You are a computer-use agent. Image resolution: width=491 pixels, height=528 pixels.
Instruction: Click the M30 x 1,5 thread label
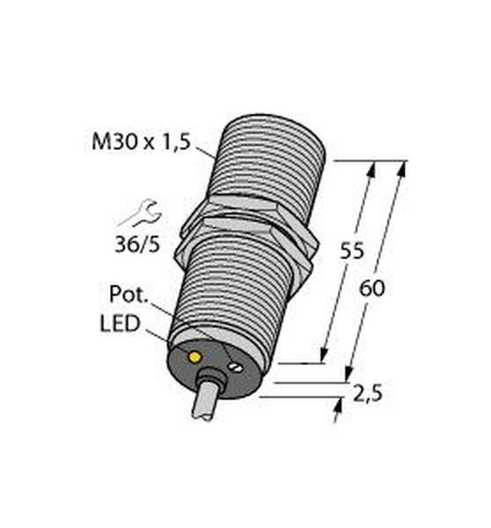(x=141, y=142)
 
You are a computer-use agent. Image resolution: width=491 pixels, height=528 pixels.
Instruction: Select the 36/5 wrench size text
(x=137, y=245)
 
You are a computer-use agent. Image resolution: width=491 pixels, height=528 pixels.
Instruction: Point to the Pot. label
(x=129, y=294)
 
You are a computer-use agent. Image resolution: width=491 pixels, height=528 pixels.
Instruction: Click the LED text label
(x=120, y=323)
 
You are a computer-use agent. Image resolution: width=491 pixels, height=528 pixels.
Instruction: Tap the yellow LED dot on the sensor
(x=194, y=357)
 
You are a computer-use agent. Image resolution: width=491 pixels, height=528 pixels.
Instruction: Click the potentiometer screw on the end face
(x=236, y=367)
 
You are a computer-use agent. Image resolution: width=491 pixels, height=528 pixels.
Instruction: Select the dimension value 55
(x=352, y=251)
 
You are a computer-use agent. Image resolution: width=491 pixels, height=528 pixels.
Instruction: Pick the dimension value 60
(x=371, y=289)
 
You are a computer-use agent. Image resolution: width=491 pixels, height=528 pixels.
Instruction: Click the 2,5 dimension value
(x=368, y=393)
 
